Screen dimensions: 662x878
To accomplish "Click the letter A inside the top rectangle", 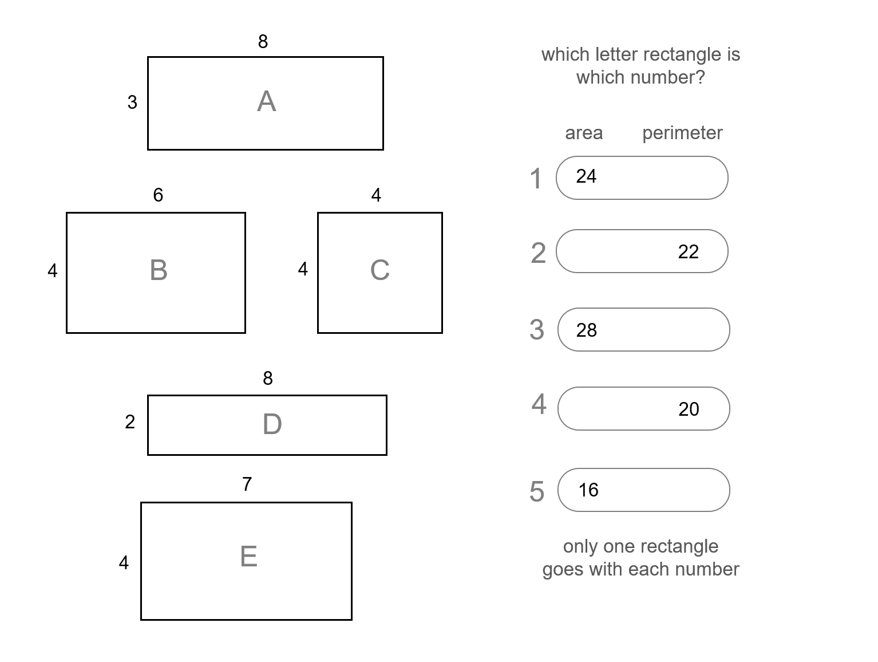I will (267, 102).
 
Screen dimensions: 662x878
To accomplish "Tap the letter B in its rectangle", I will (159, 270).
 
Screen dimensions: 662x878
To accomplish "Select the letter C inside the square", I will (380, 270).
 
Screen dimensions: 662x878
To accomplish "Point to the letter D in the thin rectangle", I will (272, 424).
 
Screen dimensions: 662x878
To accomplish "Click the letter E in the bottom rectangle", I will (248, 557).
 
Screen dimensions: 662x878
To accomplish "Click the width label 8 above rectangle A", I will (263, 42).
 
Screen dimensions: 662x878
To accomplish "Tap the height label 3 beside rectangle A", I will (132, 103).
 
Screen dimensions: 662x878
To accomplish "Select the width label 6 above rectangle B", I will (158, 195).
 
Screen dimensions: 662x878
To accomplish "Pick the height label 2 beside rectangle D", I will (130, 422).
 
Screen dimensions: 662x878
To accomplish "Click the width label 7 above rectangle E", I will (247, 484).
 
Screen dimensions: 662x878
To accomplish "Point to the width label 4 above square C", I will (376, 195).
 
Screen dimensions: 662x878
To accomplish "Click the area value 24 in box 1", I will (586, 176).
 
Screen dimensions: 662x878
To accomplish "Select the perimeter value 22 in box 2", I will (688, 252).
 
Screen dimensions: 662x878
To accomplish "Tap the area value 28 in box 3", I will (587, 330).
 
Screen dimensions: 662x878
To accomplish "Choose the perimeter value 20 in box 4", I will (689, 409).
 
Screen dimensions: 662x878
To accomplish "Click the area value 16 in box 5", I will (588, 490).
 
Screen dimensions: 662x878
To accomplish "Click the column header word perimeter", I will (682, 133).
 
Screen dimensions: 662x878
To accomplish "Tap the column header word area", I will (584, 133).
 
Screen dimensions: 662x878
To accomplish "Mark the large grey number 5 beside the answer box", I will (537, 491).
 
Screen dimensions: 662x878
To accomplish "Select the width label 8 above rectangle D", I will (268, 379).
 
